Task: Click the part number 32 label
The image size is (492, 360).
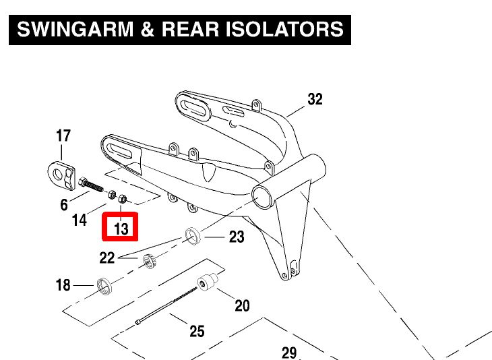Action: click(x=315, y=100)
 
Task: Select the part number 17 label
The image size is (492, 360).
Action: click(x=63, y=136)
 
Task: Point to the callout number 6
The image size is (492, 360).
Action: click(x=64, y=204)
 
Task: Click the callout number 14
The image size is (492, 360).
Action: click(x=80, y=220)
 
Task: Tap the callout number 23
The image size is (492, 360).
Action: click(x=236, y=237)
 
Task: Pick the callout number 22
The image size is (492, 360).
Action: click(x=107, y=257)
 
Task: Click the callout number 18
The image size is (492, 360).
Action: click(x=63, y=286)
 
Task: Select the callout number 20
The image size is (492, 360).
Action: click(x=241, y=306)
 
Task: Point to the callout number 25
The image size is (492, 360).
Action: click(x=196, y=331)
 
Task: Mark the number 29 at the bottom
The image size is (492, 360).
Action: click(x=288, y=353)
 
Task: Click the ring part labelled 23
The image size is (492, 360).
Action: click(x=195, y=237)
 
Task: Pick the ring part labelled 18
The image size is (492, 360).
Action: click(x=106, y=286)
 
